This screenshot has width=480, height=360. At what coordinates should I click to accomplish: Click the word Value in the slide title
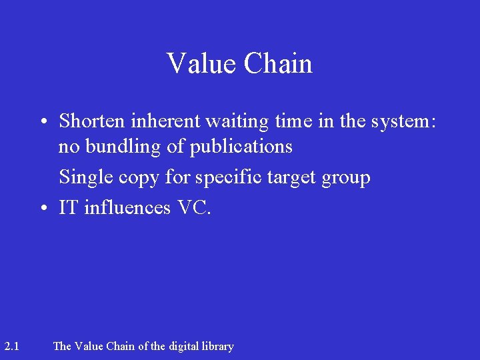[201, 64]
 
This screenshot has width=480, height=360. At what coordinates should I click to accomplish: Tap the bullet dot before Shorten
[42, 122]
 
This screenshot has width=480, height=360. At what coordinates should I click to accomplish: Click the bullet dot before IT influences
[42, 209]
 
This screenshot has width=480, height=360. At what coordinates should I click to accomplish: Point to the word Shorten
[91, 121]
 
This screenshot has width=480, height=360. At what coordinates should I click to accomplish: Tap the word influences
[128, 208]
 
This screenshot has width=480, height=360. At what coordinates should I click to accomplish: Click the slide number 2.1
[11, 346]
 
